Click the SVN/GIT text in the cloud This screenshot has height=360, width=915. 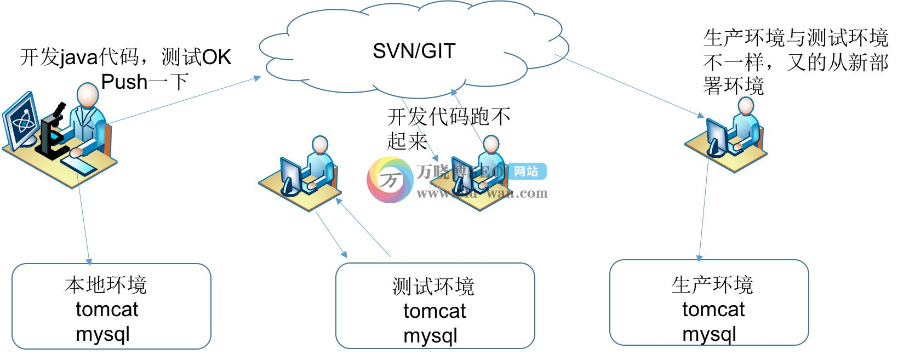pos(414,51)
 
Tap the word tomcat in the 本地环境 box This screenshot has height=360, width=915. pos(107,310)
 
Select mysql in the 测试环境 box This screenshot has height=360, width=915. pos(430,336)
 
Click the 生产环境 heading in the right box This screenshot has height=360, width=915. pos(712,285)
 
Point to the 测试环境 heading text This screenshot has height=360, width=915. pos(433,287)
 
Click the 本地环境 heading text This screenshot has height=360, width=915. pos(106,285)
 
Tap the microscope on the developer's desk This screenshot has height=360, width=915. pos(52,132)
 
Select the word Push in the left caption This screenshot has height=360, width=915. pos(124,82)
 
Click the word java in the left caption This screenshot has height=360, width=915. pos(79,58)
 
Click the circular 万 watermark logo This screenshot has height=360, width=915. pos(390,180)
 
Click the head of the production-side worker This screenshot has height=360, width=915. pos(745,106)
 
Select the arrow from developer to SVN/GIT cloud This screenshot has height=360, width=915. pos(184,100)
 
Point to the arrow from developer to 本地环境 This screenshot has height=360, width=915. pos(83,219)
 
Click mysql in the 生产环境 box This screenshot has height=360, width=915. pos(709,334)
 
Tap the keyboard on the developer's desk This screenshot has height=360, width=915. pos(77,164)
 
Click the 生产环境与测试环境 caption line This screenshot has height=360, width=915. pos(795,38)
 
